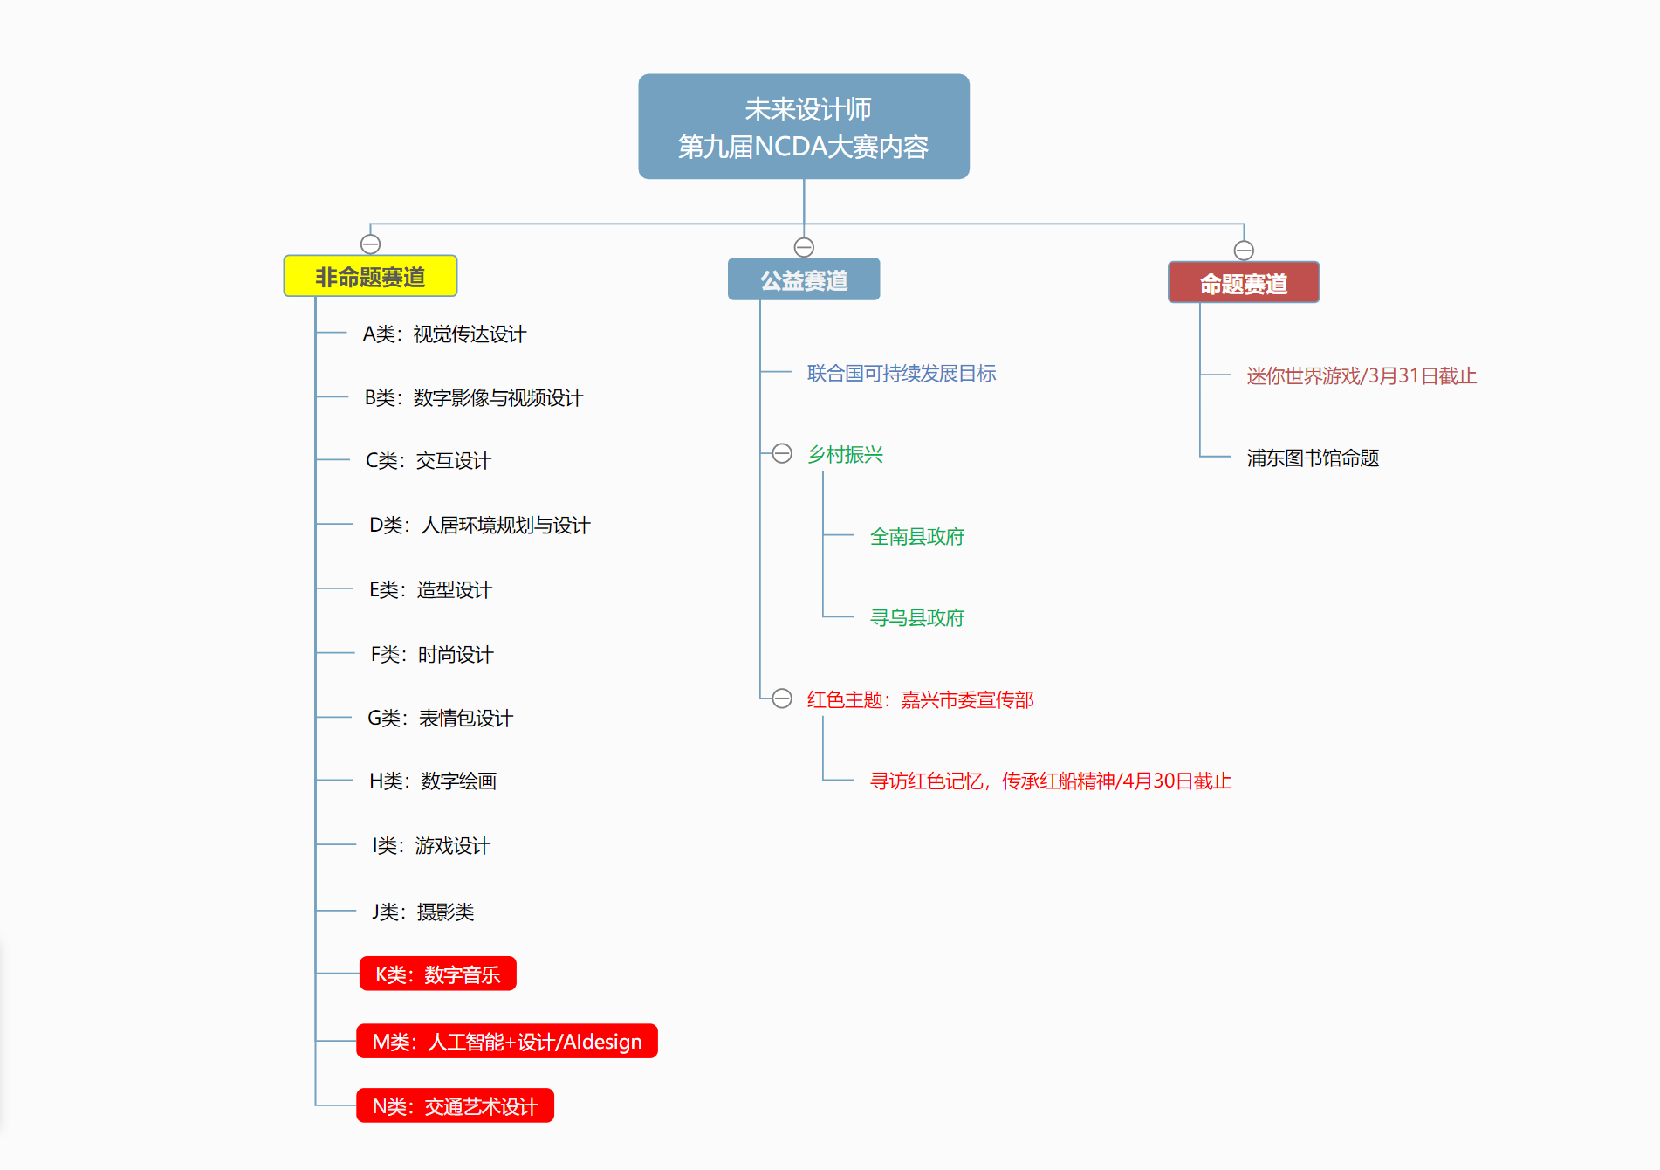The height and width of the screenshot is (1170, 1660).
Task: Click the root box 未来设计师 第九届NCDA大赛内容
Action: point(804,127)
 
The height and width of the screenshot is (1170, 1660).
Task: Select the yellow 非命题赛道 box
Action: point(370,276)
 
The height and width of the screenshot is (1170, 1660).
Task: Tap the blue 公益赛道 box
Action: point(804,279)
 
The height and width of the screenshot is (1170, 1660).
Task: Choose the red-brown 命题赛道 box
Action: point(1244,282)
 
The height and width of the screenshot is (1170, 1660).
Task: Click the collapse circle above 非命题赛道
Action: point(370,244)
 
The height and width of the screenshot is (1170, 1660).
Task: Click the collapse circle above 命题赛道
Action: point(1244,251)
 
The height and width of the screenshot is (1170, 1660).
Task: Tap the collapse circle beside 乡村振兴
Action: point(782,453)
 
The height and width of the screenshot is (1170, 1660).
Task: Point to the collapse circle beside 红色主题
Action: point(782,699)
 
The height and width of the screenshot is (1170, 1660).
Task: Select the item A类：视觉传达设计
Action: point(444,334)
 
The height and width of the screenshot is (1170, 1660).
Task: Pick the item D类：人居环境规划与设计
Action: point(479,525)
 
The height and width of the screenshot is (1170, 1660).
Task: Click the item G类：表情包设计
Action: point(440,718)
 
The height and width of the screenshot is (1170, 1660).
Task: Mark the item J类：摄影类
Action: point(422,912)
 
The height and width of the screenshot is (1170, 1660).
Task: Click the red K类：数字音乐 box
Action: point(437,974)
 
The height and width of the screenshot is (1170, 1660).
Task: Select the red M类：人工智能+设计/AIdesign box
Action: point(507,1041)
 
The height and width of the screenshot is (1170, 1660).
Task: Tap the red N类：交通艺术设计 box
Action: point(455,1105)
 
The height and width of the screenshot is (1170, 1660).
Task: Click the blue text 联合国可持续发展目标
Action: point(902,374)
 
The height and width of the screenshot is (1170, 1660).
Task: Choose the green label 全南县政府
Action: point(917,536)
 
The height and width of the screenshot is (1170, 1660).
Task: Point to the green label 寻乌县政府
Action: point(917,617)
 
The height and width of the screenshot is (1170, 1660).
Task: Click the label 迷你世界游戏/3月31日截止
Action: point(1362,375)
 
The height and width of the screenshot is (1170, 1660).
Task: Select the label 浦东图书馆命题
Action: point(1313,458)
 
